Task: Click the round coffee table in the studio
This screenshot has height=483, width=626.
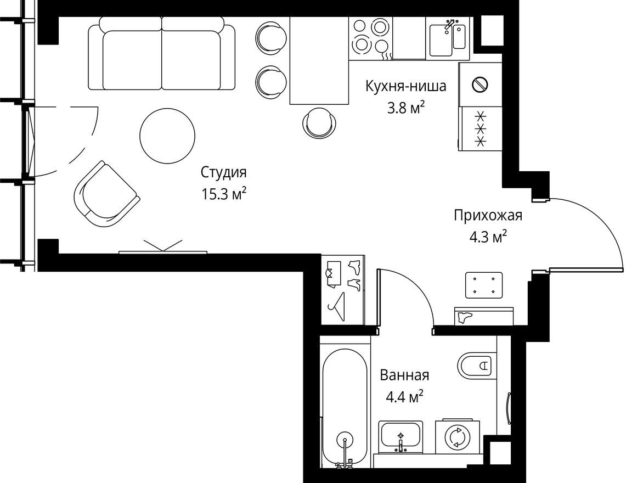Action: click(167, 134)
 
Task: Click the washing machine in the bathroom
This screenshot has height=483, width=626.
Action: click(458, 437)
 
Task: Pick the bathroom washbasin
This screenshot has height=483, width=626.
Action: click(401, 436)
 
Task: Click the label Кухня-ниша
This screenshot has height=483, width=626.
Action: click(405, 86)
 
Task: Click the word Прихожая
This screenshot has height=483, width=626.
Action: click(488, 215)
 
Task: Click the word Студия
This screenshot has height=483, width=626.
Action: click(224, 172)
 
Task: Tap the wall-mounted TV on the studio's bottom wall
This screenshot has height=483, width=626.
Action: click(163, 251)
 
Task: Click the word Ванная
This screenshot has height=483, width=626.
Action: click(404, 375)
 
